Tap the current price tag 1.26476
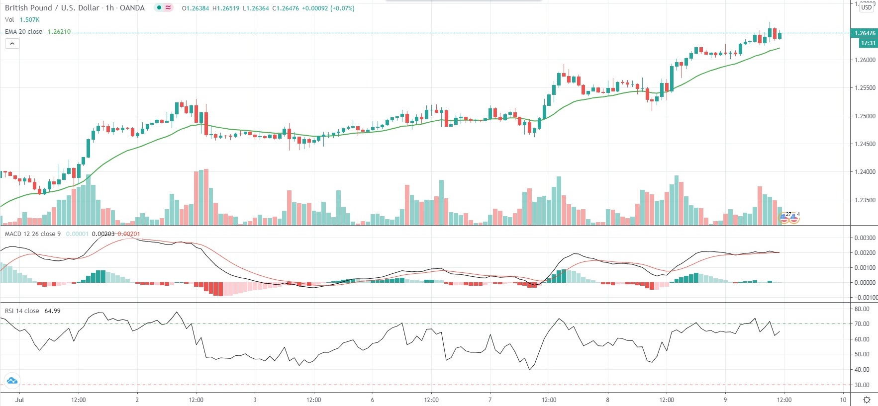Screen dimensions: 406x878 pos(865,33)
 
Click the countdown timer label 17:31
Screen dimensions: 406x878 pos(868,43)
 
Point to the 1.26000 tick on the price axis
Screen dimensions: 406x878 pos(865,60)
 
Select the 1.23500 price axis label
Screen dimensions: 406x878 pos(865,200)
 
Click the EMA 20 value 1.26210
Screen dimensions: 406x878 pos(59,32)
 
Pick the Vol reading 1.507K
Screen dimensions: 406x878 pos(29,20)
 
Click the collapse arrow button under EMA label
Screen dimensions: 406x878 pos(12,44)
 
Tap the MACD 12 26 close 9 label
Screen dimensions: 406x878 pos(33,234)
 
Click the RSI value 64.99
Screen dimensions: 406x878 pos(52,311)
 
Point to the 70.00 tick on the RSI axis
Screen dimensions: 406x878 pos(862,324)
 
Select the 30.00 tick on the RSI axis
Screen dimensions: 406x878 pos(862,385)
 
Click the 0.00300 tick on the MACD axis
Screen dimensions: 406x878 pos(865,238)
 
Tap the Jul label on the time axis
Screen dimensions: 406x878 pos(19,400)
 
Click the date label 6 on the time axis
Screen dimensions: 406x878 pos(372,400)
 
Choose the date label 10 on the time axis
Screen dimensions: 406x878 pos(843,400)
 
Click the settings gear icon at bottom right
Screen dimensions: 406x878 pos(867,400)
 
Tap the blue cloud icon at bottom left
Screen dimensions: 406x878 pos(11,381)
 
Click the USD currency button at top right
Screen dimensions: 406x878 pos(867,7)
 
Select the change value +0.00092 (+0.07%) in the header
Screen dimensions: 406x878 pos(328,8)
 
